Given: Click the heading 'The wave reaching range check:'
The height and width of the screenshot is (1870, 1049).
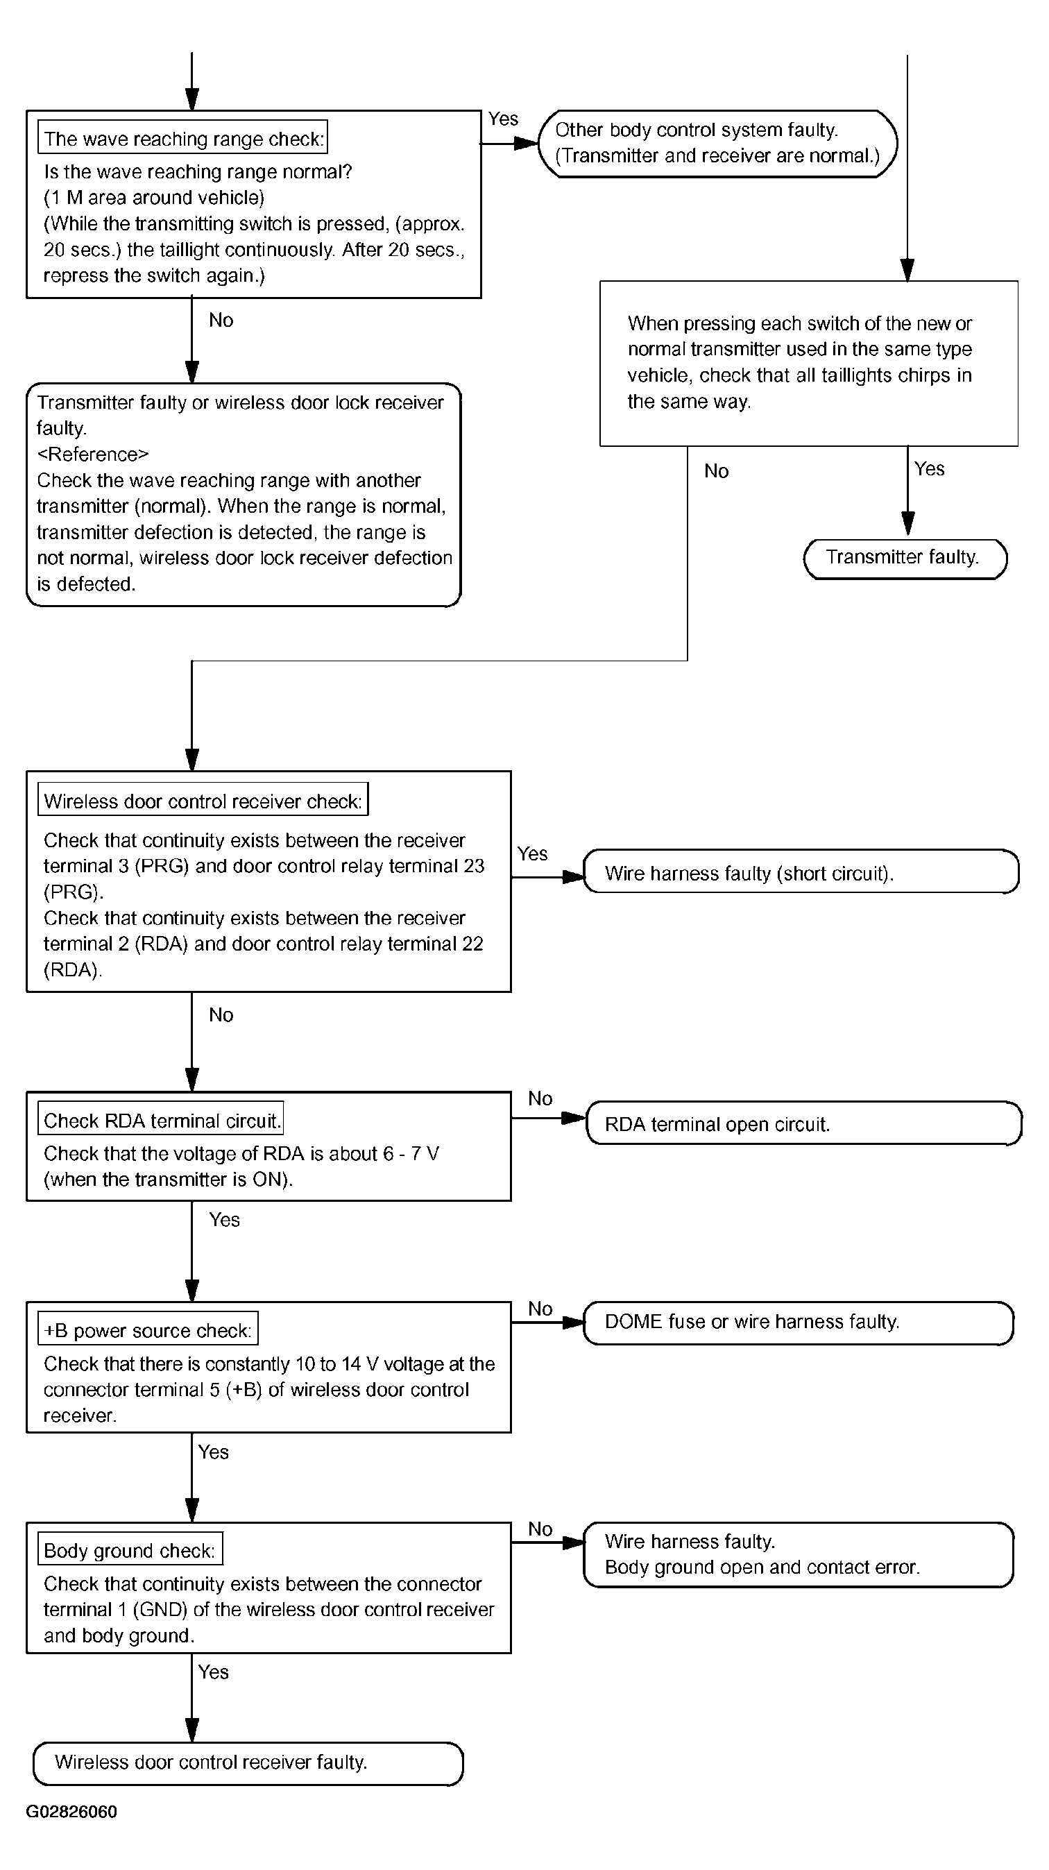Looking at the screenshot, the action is click(x=182, y=138).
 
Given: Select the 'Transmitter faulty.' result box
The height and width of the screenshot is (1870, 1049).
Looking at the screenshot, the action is click(x=905, y=559).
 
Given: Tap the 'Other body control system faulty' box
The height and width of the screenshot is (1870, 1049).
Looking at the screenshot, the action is click(x=718, y=143).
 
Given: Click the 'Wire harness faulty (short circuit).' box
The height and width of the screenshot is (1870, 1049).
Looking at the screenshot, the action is click(x=801, y=871).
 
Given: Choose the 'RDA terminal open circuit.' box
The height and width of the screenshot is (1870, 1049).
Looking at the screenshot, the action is click(x=803, y=1123).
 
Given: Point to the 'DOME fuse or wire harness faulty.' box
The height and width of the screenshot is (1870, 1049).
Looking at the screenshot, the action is click(x=799, y=1323).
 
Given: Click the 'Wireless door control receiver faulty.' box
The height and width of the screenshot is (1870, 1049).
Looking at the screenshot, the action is click(x=248, y=1763).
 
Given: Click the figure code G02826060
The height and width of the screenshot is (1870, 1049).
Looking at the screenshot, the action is click(x=71, y=1812).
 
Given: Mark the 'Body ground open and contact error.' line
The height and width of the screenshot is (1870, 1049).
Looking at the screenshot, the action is click(x=762, y=1567).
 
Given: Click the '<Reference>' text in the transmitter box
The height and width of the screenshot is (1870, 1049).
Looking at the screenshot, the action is click(x=93, y=454).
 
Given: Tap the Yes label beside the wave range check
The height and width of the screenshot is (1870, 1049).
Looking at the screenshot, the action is click(x=503, y=119).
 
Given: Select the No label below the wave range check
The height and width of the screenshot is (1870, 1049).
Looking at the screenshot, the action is click(x=221, y=320).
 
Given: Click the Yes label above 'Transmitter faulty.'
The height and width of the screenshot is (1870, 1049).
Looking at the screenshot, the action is click(x=929, y=469).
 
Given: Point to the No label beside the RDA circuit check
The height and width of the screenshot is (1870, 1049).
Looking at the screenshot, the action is click(x=540, y=1098).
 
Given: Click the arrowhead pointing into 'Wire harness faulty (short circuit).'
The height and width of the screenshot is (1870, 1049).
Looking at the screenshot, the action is click(x=574, y=877).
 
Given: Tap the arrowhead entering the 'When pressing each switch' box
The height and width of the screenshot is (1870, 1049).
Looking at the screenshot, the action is click(x=907, y=270).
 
